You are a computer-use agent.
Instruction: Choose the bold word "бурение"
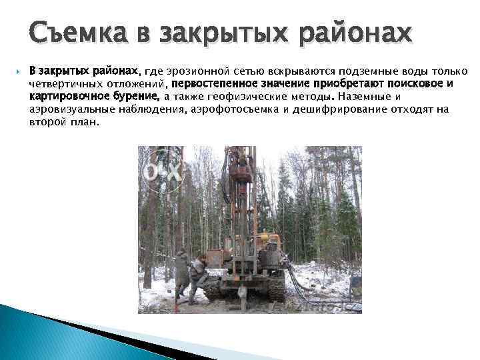point(139,97)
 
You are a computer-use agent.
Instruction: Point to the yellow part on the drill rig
point(266,237)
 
